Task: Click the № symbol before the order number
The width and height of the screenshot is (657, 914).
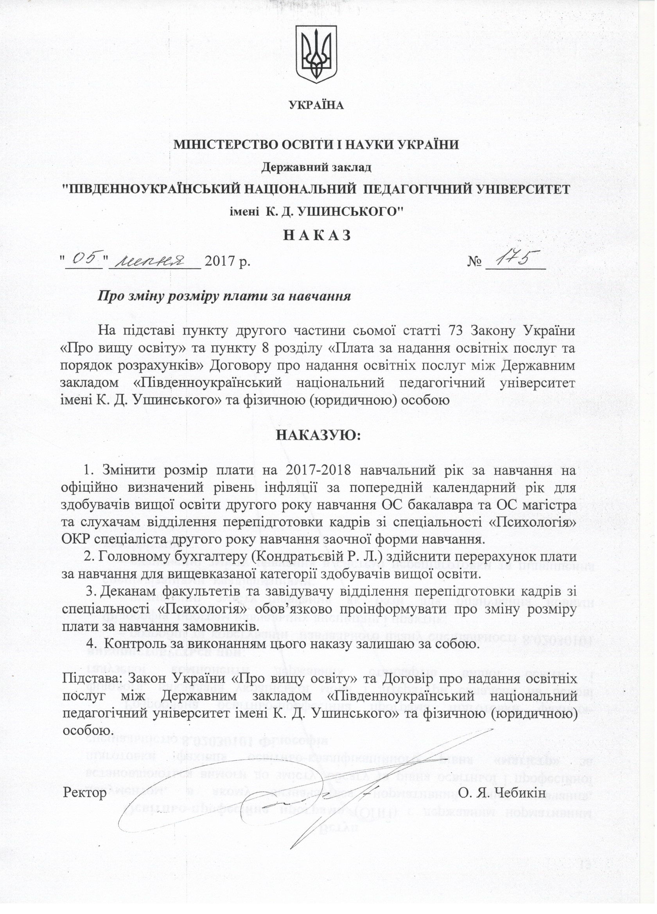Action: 475,262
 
